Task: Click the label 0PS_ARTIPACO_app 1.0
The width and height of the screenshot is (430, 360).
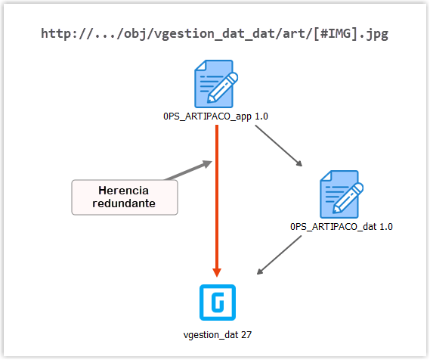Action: pos(216,116)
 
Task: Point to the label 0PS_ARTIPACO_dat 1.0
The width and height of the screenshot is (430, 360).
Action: pos(342,225)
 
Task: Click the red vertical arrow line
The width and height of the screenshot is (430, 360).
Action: pos(217,197)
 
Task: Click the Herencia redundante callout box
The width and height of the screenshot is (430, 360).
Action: pos(125,197)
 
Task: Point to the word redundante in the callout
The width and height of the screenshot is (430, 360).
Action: pos(125,203)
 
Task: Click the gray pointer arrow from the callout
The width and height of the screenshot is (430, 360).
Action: pos(187,171)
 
